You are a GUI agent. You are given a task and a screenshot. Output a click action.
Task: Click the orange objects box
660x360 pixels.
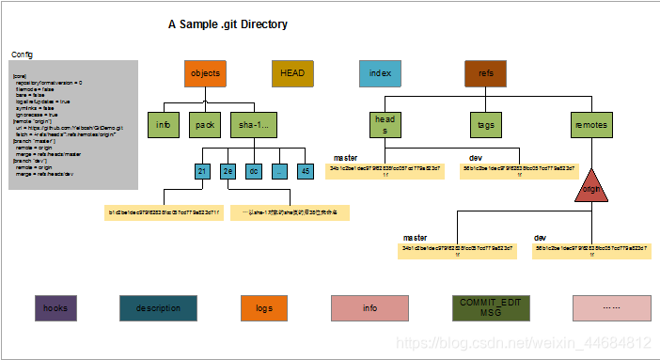tap(205, 73)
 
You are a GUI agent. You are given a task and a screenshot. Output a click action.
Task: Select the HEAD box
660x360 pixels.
tap(291, 73)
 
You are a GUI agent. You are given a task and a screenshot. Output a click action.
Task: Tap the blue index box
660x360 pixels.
tap(380, 73)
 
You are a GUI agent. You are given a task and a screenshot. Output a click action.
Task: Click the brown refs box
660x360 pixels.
tap(486, 73)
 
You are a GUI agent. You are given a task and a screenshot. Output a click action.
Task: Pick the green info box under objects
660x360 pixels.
tap(163, 124)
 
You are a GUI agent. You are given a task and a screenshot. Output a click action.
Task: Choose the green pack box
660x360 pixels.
tap(206, 124)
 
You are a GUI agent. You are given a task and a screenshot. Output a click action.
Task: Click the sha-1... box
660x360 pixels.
tap(254, 124)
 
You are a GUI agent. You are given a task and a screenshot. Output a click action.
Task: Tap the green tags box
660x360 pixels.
tap(487, 124)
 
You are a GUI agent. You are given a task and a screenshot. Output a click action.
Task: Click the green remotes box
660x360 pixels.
tap(591, 124)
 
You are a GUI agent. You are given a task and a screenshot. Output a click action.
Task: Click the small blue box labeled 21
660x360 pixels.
tap(202, 171)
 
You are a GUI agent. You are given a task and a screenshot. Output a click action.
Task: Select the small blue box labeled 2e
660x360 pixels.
tap(228, 171)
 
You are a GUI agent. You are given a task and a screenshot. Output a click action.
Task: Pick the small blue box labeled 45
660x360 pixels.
tap(305, 171)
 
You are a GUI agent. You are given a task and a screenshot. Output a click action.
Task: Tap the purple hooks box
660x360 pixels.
tap(55, 308)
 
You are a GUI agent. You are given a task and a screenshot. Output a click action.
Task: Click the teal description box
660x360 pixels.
tap(158, 308)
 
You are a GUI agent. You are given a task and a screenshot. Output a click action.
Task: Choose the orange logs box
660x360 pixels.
tap(264, 308)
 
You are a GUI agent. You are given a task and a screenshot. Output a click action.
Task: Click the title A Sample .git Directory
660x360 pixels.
tap(228, 23)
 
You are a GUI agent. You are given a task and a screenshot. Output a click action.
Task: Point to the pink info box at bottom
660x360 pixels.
tap(369, 308)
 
